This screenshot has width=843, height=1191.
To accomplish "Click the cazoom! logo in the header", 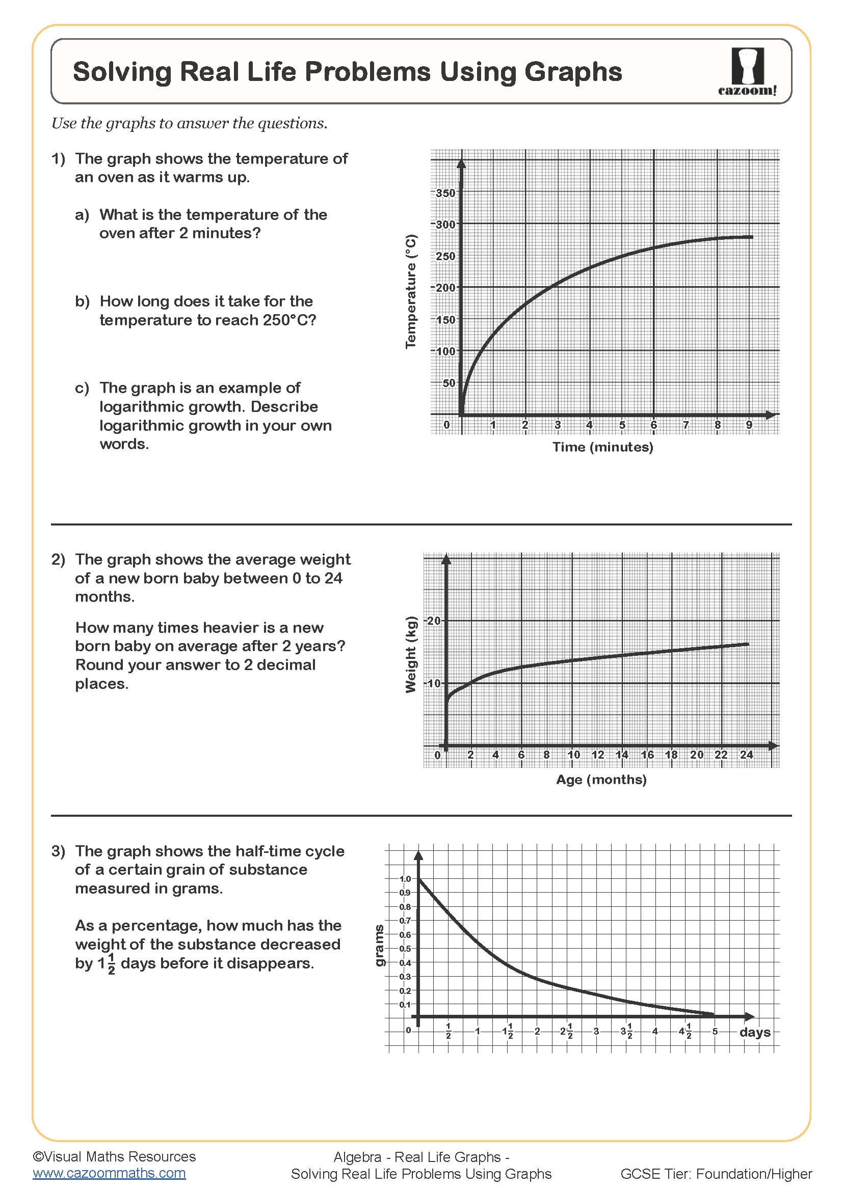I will click(747, 72).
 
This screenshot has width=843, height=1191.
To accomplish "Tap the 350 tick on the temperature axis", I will click(445, 193).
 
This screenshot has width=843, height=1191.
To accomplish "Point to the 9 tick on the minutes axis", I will click(749, 425).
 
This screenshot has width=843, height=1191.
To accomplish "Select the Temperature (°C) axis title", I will click(411, 292).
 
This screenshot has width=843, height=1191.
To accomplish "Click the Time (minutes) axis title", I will click(602, 447).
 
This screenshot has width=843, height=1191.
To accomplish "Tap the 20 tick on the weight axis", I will click(433, 620).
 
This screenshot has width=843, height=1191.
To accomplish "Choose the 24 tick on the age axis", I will click(746, 755).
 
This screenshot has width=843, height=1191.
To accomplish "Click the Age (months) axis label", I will click(601, 780).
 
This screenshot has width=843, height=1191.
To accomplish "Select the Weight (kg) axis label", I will click(411, 654).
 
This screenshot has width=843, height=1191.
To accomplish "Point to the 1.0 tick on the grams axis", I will click(405, 879).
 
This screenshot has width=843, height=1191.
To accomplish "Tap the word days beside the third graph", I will click(754, 1032).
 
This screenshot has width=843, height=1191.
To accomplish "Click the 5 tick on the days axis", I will click(715, 1031).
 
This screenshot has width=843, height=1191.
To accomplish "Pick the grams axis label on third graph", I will click(380, 945).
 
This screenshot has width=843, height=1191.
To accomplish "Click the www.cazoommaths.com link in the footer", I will click(109, 1173).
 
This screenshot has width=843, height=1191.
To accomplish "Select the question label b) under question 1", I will click(82, 301).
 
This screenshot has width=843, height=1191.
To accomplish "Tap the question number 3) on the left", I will click(58, 851).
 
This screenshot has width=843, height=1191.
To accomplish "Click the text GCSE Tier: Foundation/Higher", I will click(716, 1174).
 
